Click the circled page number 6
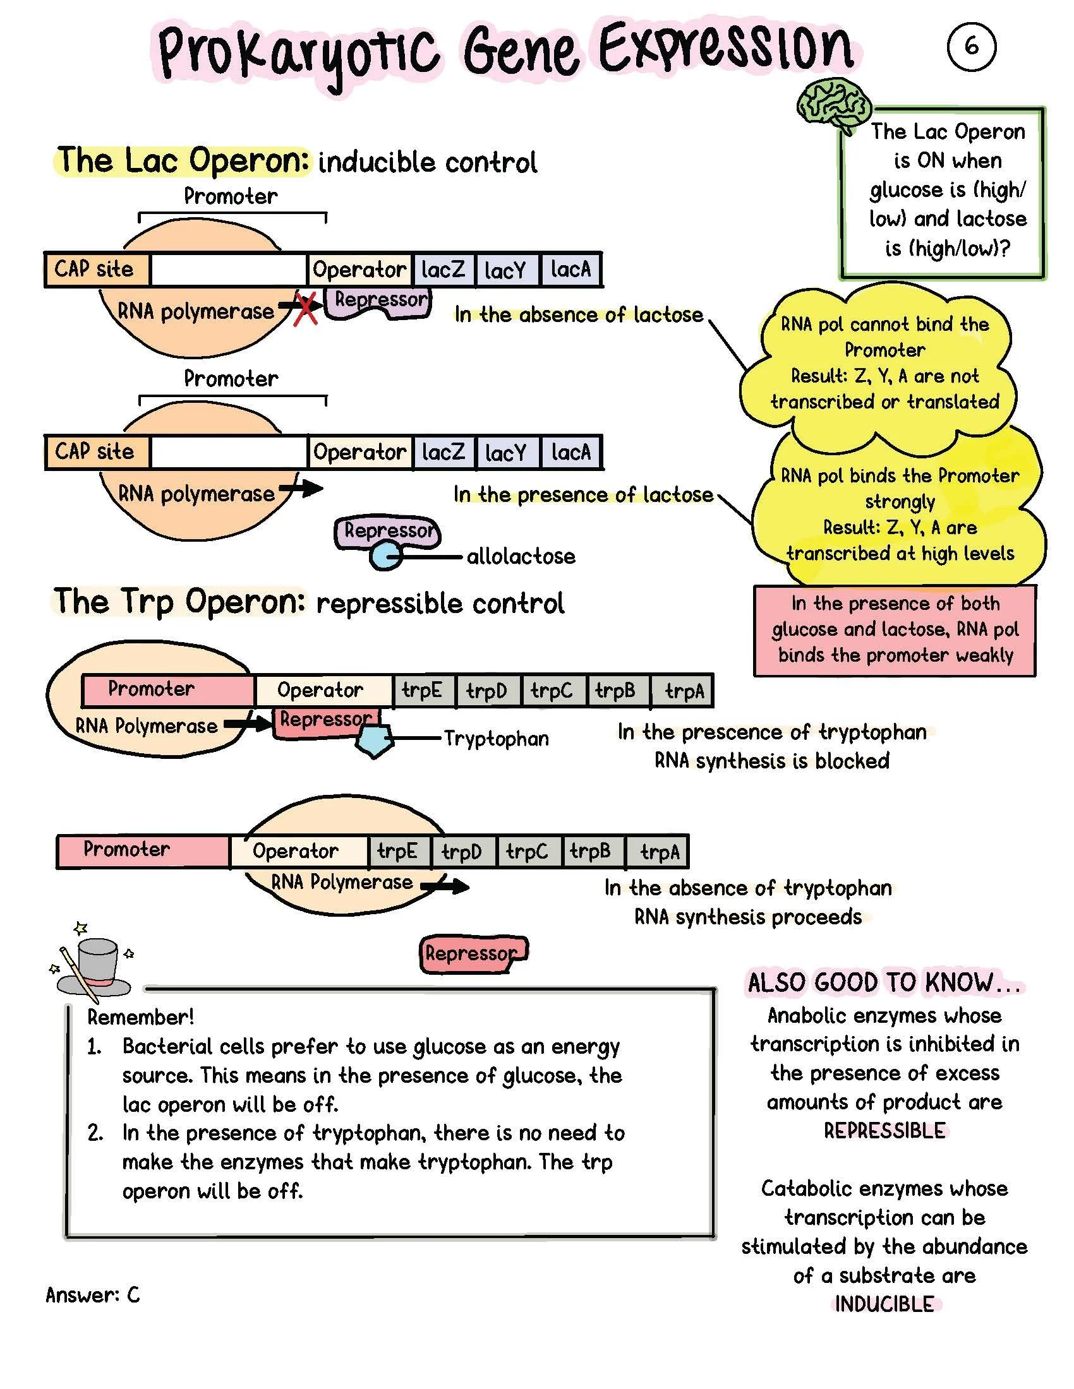[971, 47]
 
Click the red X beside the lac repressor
[306, 309]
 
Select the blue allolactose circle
[383, 556]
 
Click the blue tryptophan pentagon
[373, 741]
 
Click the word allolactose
[521, 556]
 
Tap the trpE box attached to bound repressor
[422, 691]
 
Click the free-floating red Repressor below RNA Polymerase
[473, 953]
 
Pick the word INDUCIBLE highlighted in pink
[884, 1304]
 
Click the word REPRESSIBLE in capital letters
[884, 1130]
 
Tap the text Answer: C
[93, 1294]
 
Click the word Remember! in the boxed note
[141, 1016]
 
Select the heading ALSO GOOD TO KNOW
[883, 982]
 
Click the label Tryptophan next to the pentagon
[497, 739]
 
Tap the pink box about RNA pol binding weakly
[895, 629]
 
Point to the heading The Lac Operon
[183, 160]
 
